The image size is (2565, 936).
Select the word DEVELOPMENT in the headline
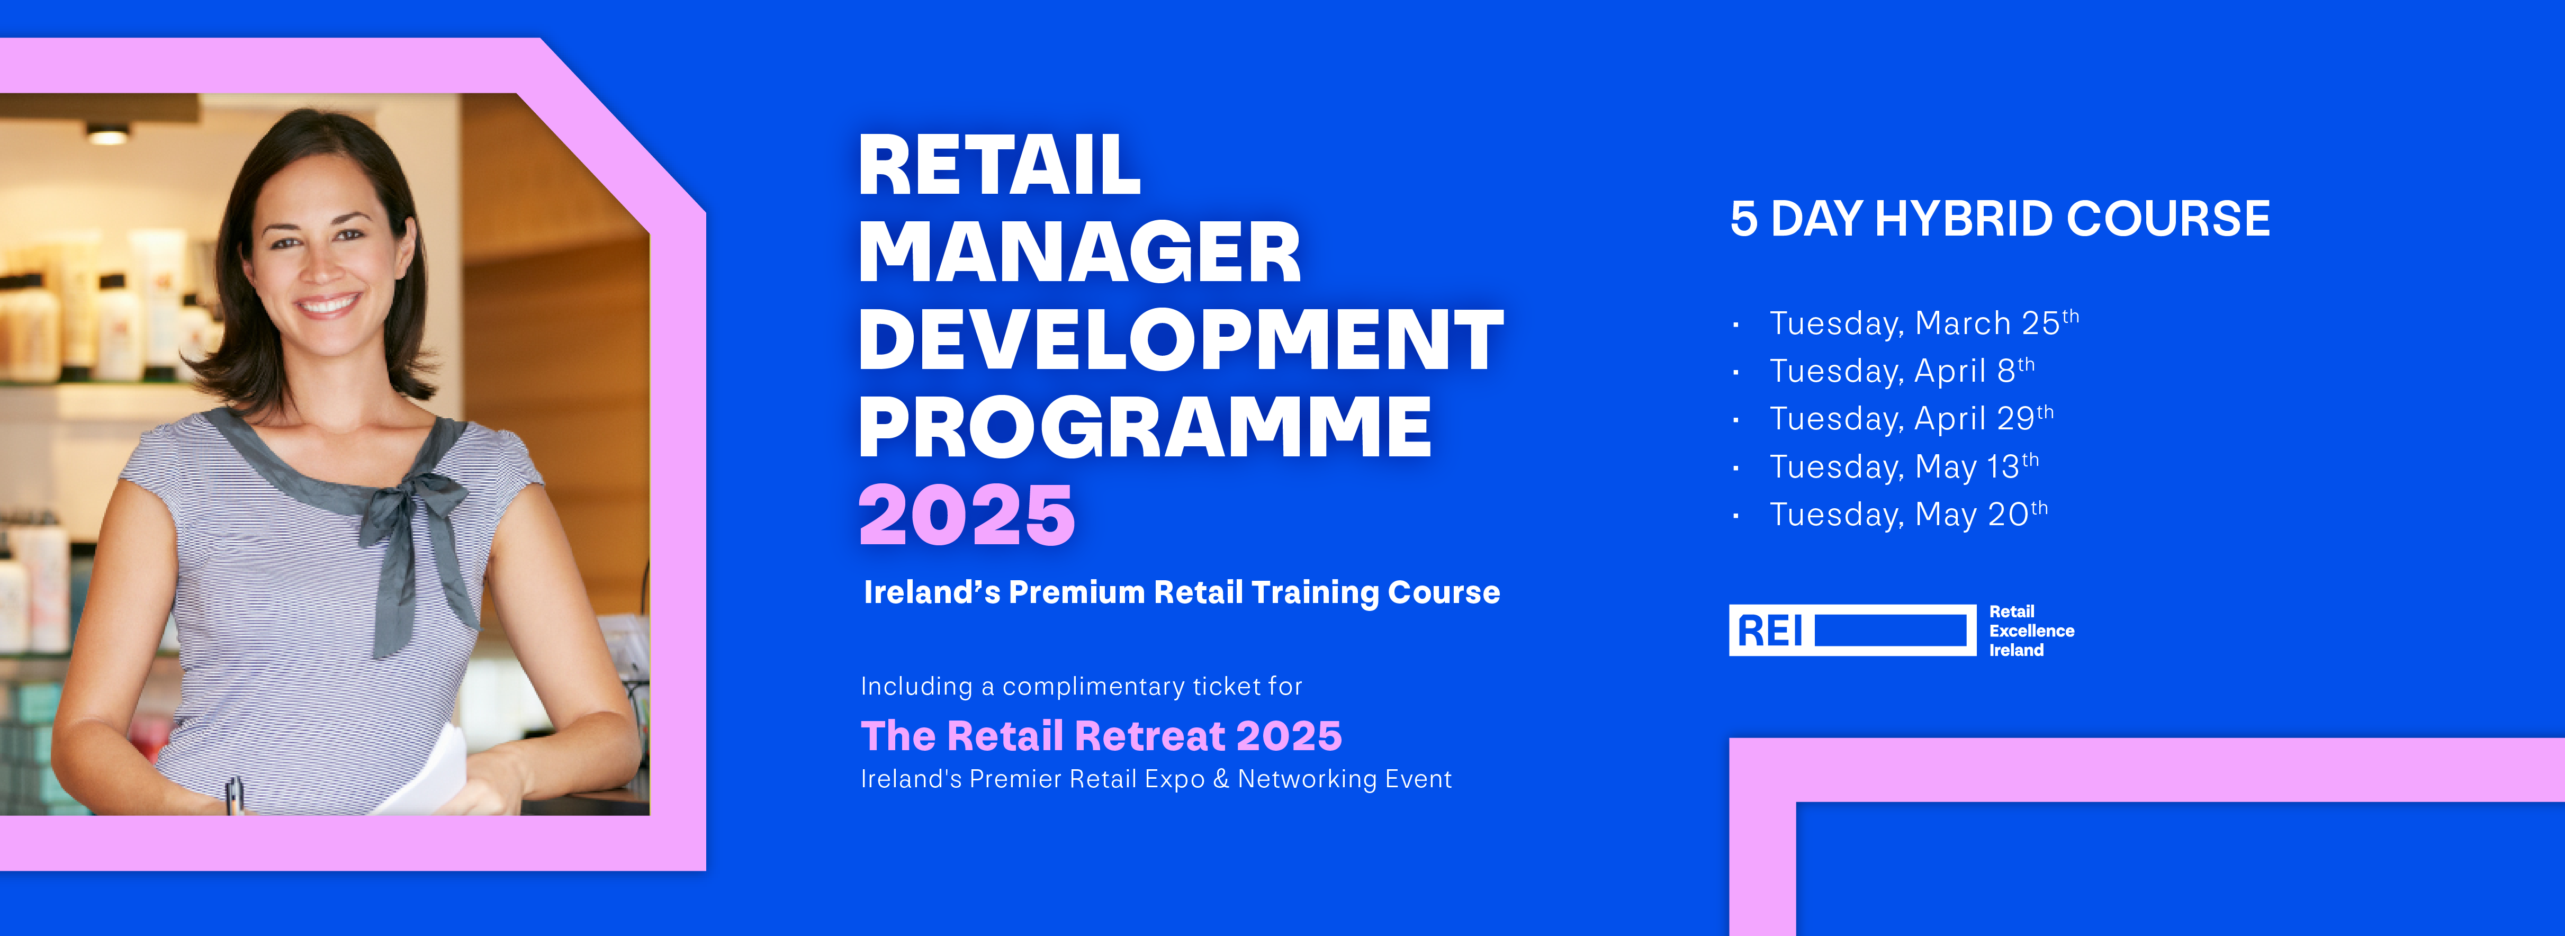tap(1181, 339)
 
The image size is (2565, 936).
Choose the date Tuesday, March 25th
tap(1924, 322)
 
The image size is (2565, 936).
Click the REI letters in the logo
tap(1770, 631)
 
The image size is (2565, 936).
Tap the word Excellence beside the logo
tap(2031, 631)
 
